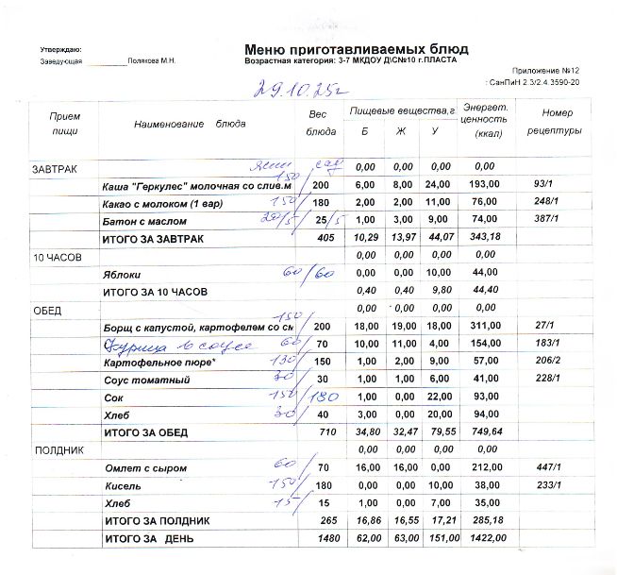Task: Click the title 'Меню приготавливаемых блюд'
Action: [356, 48]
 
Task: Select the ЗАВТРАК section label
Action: [55, 168]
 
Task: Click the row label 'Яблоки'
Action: [119, 274]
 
